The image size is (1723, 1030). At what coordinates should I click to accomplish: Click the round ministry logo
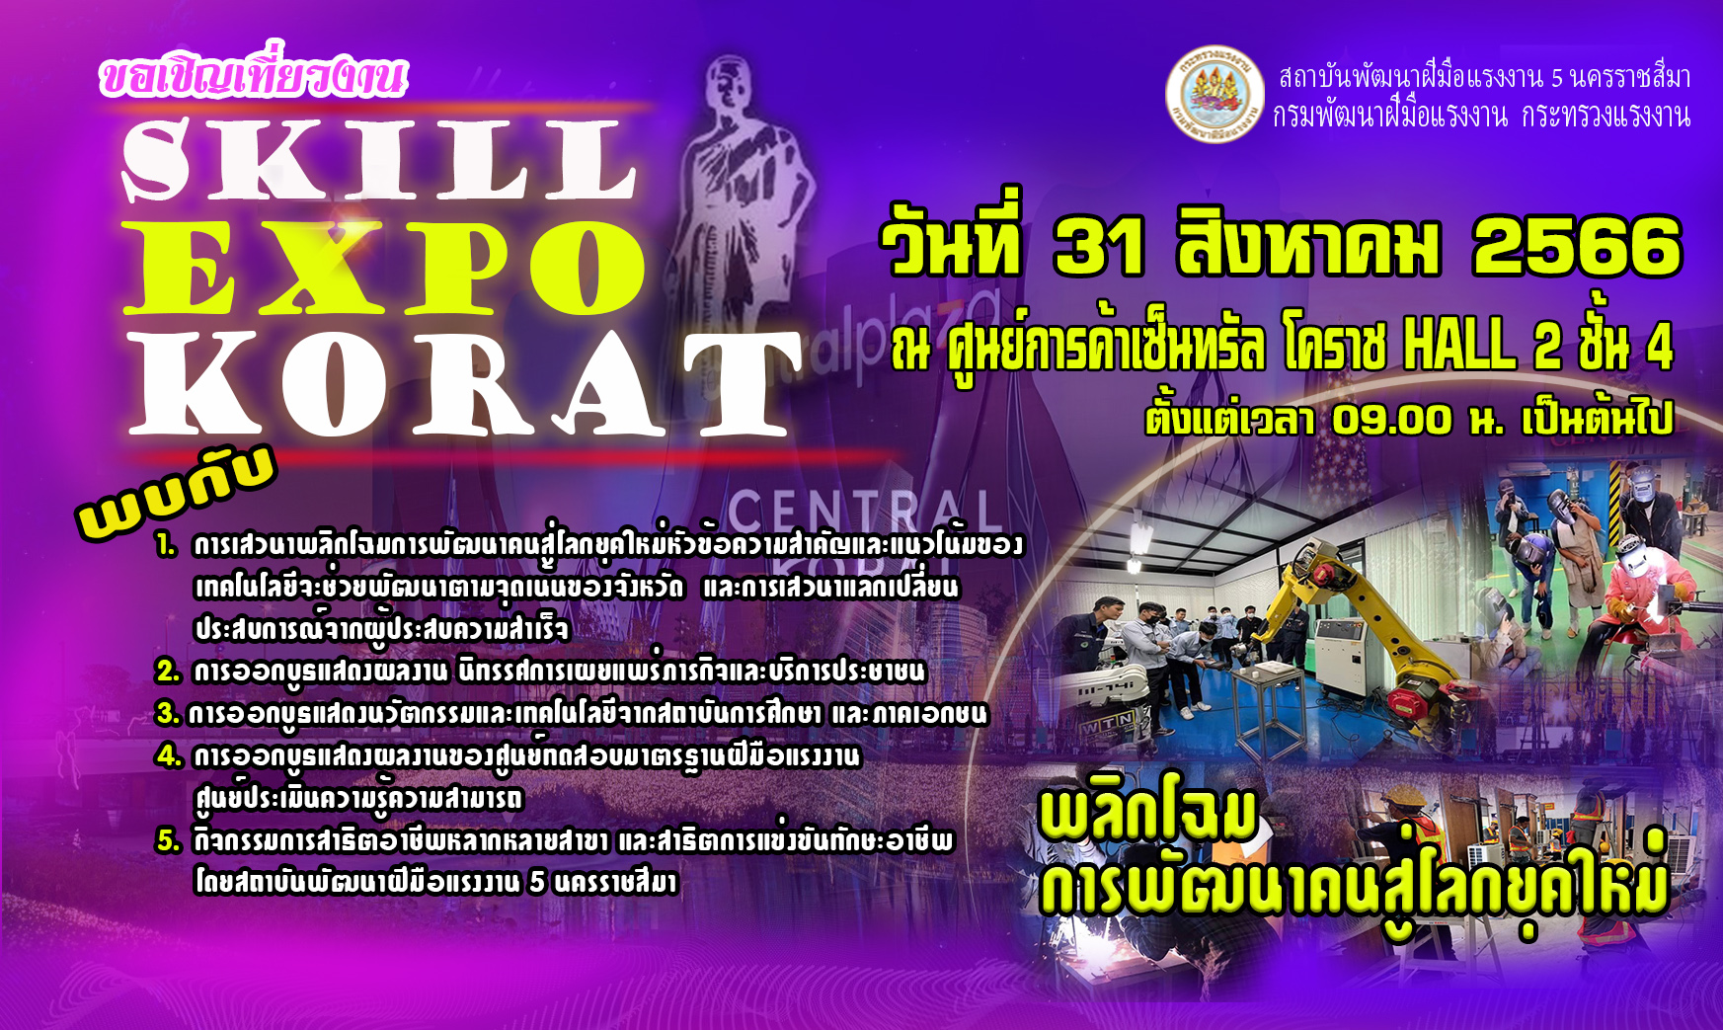[1214, 94]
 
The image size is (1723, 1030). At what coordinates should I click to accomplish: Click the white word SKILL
[379, 159]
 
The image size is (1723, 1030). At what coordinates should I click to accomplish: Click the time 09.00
[1392, 420]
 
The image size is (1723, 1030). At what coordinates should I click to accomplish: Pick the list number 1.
[166, 544]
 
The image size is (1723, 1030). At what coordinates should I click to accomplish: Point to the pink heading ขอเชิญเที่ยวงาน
[253, 74]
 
